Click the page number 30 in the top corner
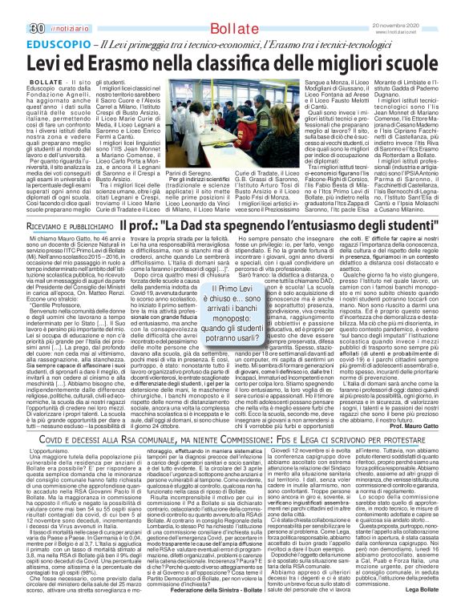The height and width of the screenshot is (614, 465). click(14, 8)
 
